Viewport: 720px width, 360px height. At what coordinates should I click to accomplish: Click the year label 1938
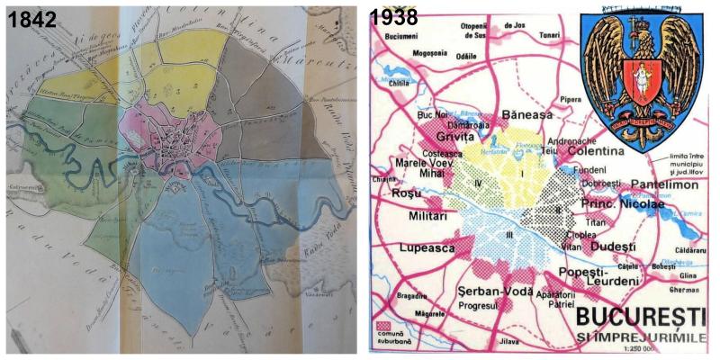tap(393, 18)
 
